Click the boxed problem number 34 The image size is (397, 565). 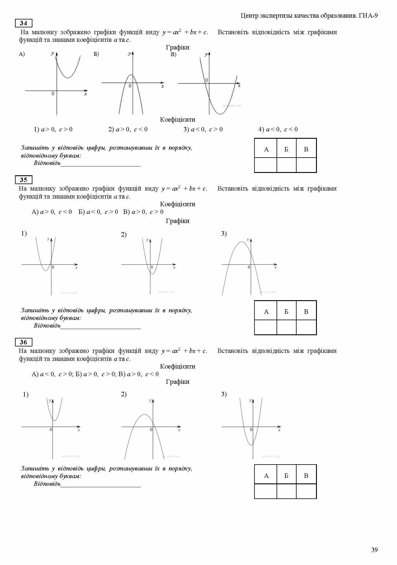(x=24, y=23)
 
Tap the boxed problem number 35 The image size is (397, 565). (x=24, y=180)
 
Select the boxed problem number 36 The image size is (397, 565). (x=24, y=342)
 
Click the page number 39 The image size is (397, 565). (x=374, y=550)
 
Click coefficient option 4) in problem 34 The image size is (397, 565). (x=278, y=129)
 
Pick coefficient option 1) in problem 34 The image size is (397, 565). (x=53, y=129)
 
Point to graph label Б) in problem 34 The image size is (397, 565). (x=96, y=54)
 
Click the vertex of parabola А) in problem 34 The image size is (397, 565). (x=68, y=78)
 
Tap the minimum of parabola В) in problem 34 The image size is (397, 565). (x=220, y=114)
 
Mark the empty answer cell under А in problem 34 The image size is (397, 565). (x=266, y=165)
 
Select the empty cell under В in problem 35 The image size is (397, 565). (x=306, y=327)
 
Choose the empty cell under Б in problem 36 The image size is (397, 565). (x=286, y=491)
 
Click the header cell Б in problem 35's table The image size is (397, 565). (x=286, y=312)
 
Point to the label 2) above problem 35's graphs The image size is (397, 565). (x=124, y=235)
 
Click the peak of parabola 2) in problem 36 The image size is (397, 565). (x=144, y=415)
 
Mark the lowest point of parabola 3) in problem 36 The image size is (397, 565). (x=251, y=445)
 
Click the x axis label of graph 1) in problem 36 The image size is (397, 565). (x=79, y=430)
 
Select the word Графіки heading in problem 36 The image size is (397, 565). (x=178, y=382)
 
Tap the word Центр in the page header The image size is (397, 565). (x=250, y=16)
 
